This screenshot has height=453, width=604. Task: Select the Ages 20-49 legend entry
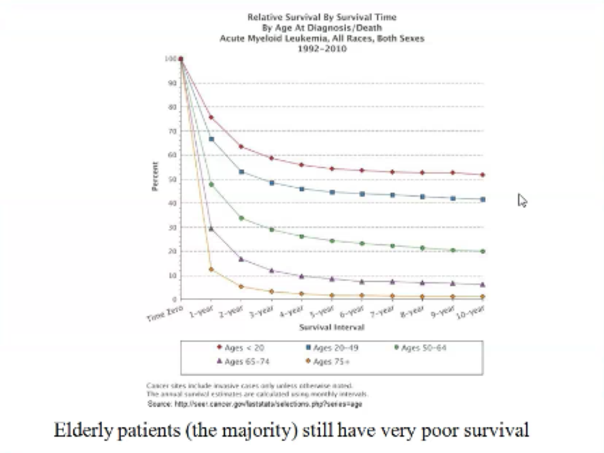pos(332,348)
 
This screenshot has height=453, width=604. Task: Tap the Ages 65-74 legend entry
pos(243,362)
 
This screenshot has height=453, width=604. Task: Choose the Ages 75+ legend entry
pos(327,362)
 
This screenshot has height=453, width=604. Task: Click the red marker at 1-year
pos(211,118)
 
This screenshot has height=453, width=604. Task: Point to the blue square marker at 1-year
pos(211,139)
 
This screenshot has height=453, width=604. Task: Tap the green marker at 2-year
pos(241,218)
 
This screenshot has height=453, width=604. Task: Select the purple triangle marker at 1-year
pos(211,229)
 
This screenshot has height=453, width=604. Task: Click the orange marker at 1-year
pos(211,269)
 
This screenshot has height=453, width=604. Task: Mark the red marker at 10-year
pos(483,175)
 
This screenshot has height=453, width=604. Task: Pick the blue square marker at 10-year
pos(483,200)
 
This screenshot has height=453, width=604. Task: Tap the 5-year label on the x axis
pos(321,311)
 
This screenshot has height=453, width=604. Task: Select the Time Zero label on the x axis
pos(165,313)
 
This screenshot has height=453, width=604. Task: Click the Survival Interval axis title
pos(331,327)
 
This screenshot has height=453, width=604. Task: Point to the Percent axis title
pos(155,176)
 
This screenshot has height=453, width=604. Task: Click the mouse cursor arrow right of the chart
pos(522,200)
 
